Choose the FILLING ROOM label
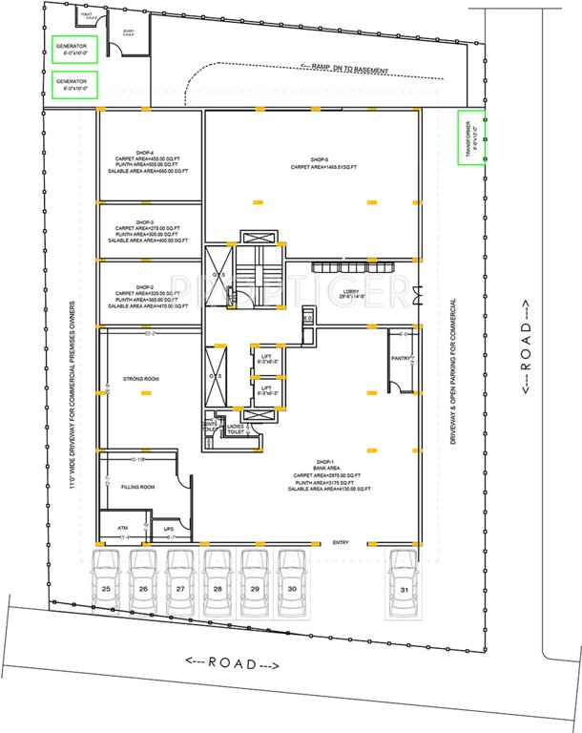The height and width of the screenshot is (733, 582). click(139, 487)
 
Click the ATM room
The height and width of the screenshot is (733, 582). click(122, 527)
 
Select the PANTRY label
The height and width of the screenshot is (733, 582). click(402, 359)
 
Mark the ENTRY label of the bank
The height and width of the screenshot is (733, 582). click(342, 543)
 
